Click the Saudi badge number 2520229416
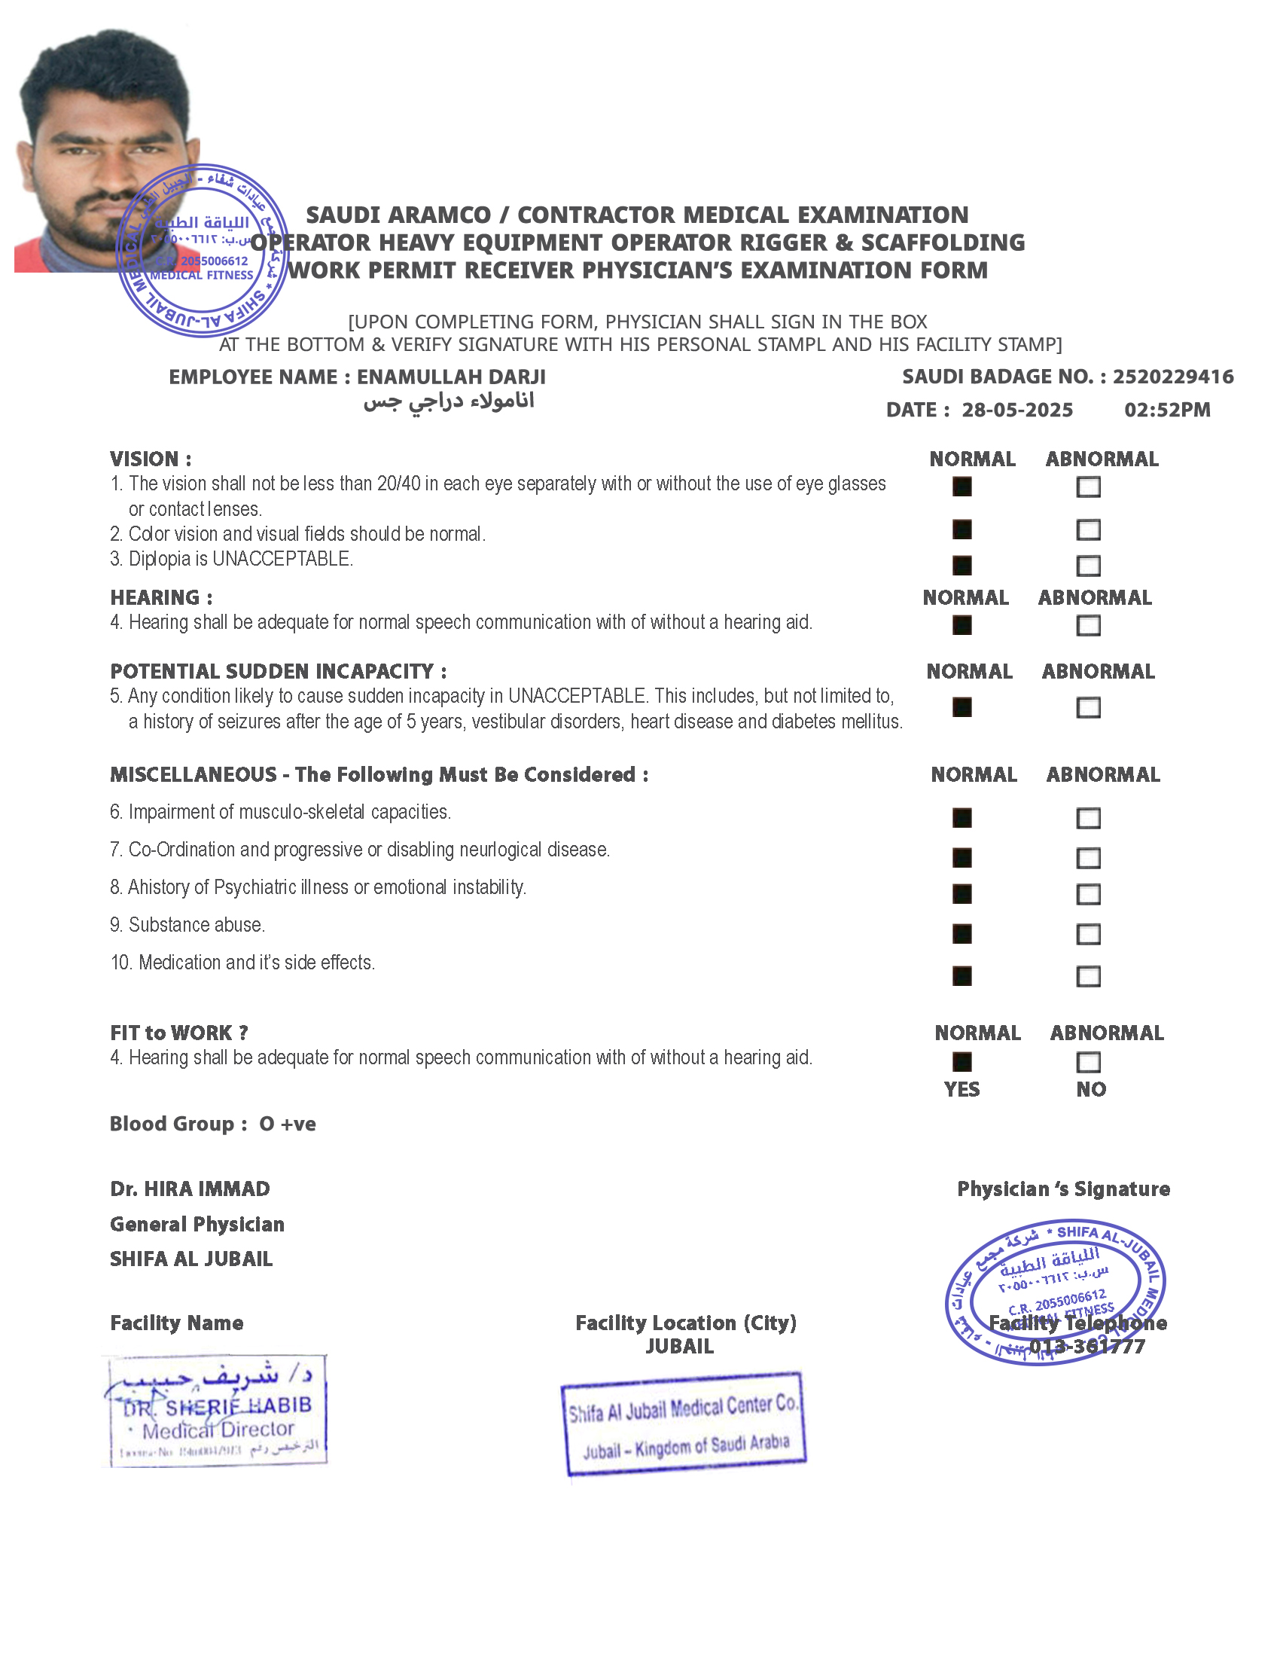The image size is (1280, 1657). (1172, 377)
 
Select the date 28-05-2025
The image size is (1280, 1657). (1017, 410)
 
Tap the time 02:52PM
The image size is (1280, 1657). (1167, 410)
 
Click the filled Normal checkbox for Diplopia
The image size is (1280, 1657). (962, 565)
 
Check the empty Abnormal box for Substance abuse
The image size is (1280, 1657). (1088, 934)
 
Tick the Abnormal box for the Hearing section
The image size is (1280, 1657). (1088, 625)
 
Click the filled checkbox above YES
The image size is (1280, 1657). (962, 1061)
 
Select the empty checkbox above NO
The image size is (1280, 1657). (1088, 1061)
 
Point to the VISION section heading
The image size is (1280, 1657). (150, 459)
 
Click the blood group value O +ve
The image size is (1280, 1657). (288, 1124)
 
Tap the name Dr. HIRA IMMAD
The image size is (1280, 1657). (190, 1189)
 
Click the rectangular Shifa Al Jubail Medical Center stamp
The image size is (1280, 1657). (683, 1424)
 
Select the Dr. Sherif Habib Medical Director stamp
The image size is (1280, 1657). (216, 1411)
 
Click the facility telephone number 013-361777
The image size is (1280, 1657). (1086, 1347)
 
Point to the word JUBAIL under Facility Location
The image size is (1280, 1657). (679, 1347)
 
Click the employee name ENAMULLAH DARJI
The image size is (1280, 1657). (451, 377)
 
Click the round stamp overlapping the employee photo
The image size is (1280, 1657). (202, 250)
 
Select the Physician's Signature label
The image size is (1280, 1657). (1063, 1189)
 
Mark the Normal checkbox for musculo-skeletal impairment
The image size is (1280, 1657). (962, 818)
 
